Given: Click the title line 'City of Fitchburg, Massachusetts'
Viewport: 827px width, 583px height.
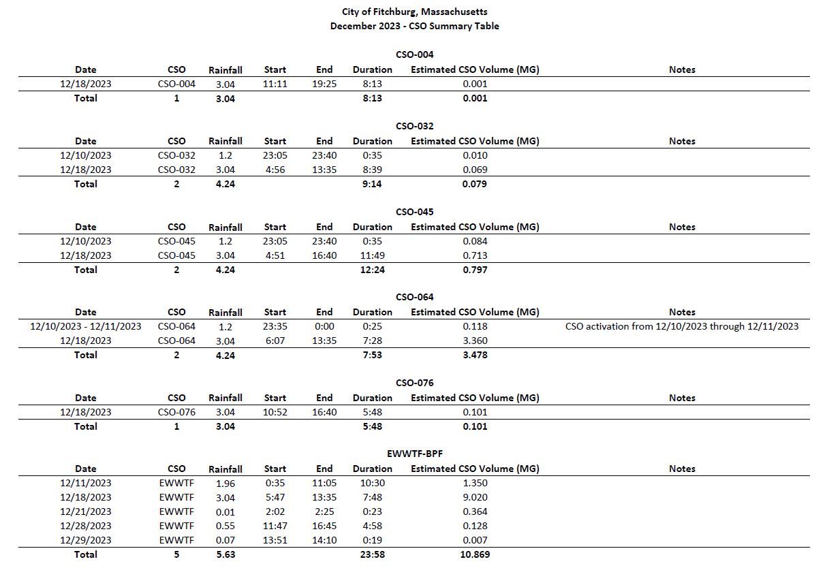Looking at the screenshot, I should [414, 12].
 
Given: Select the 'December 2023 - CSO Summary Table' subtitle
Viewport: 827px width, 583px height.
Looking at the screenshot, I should [414, 26].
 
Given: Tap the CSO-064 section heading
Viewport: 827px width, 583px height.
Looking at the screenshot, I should [414, 297].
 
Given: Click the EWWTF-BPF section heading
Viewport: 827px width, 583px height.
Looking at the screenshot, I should [414, 454].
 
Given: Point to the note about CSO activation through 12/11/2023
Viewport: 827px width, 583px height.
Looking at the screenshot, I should [681, 326].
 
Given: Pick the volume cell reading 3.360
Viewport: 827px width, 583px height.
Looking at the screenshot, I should [475, 341].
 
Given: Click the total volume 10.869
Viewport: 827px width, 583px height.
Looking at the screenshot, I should [475, 554].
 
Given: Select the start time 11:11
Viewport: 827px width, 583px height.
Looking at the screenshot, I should [275, 84].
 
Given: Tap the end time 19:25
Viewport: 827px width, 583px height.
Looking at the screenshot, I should [324, 84].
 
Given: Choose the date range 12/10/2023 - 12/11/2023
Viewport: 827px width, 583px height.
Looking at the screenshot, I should [86, 326].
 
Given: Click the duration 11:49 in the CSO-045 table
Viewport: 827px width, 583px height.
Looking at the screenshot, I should [372, 255].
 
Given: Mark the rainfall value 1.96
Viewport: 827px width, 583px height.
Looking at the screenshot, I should [225, 484].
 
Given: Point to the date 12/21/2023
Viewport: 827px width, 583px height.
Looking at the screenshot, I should [86, 511].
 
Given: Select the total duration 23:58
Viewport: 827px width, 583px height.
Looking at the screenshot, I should [372, 554].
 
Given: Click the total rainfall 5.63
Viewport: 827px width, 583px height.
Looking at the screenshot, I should [225, 554].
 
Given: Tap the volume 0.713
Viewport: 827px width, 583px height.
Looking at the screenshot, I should [475, 255].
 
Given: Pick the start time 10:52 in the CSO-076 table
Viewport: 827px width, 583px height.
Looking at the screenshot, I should [275, 412].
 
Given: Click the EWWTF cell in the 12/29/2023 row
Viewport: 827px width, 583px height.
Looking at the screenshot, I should [176, 540].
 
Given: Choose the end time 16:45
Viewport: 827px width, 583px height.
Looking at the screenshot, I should [324, 526].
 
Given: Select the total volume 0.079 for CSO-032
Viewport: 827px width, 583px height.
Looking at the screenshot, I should [475, 184].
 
